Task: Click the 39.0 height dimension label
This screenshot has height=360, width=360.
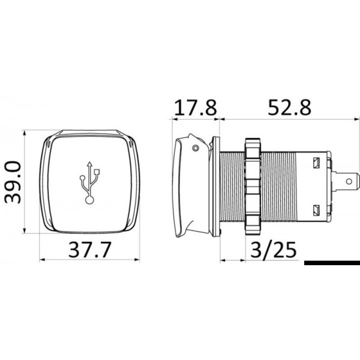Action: (13, 181)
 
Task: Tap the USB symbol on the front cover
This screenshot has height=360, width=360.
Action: (89, 182)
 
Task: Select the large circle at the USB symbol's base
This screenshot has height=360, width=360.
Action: (89, 199)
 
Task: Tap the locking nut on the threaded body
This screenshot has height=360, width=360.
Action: (253, 185)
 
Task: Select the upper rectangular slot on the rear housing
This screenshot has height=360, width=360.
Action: (315, 163)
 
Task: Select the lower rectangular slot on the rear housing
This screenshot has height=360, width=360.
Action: (315, 208)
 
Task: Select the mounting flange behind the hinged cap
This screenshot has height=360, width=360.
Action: (217, 185)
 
